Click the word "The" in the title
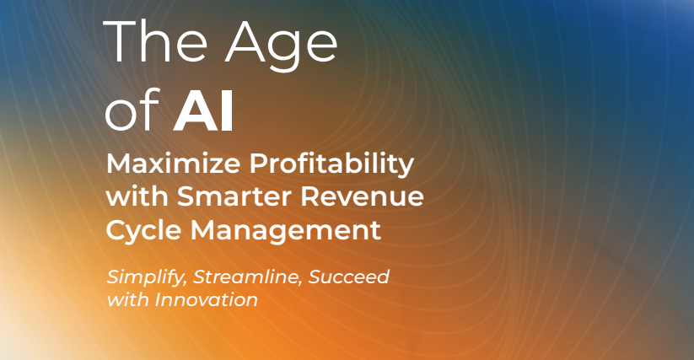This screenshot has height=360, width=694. point(155,41)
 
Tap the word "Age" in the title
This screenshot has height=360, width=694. point(282,46)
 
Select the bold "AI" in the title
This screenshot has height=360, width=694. point(203,110)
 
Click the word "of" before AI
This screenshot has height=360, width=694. point(132,110)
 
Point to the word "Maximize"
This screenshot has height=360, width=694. point(173,164)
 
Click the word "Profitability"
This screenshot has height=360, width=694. point(332,164)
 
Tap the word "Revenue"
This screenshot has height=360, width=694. point(362,196)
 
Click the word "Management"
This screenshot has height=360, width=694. point(286,231)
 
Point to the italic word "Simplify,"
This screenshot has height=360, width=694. point(146,277)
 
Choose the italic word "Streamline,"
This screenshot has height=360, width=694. point(248,277)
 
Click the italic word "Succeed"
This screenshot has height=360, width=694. point(349,277)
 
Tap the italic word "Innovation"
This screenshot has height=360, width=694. point(207,300)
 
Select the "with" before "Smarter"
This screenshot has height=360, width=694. point(137,196)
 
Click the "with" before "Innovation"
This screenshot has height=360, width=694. point(128,300)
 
